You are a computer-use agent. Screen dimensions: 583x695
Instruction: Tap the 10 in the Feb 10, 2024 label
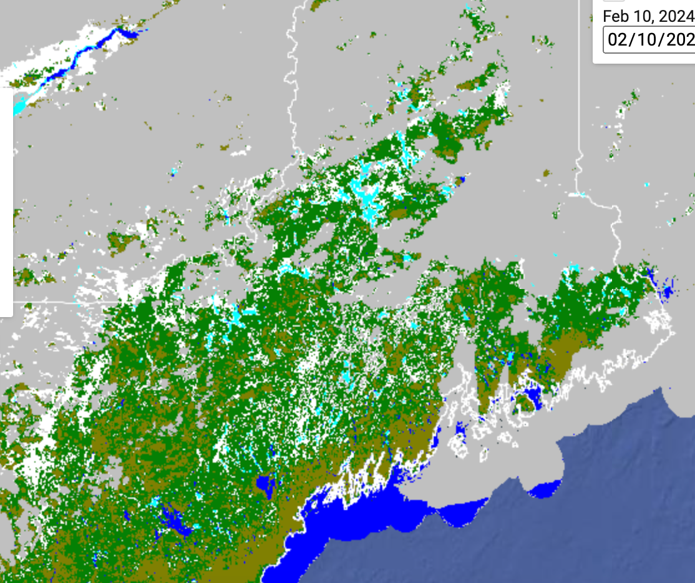[x=641, y=16]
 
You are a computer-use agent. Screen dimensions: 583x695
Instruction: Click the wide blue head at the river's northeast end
[x=125, y=32]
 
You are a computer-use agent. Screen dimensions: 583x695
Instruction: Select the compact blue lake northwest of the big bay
[x=266, y=484]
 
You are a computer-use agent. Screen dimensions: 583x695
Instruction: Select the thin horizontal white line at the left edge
[x=50, y=301]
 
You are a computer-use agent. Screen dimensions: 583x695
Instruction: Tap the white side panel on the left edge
[x=6, y=200]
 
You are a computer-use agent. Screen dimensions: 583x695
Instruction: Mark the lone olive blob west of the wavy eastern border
[x=547, y=174]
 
